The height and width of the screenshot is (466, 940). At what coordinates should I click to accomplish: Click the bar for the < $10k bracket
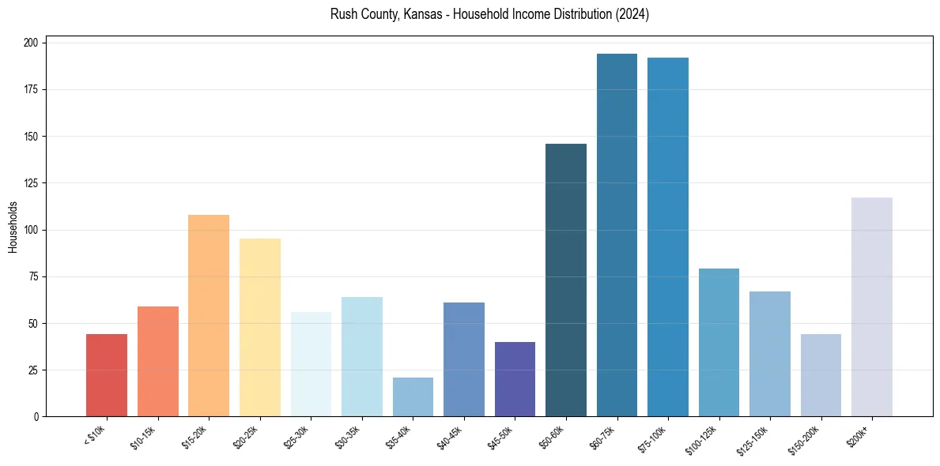[x=107, y=375]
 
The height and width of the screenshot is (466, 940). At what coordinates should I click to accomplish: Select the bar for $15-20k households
[x=209, y=316]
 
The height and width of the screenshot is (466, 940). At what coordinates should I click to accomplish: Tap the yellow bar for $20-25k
[x=260, y=328]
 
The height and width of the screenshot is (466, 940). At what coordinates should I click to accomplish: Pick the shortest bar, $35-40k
[x=413, y=397]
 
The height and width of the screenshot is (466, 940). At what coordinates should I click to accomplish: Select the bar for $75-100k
[x=668, y=237]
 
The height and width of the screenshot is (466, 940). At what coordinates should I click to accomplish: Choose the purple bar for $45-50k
[x=515, y=379]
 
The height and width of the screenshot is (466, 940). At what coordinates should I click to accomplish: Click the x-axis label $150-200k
[x=817, y=438]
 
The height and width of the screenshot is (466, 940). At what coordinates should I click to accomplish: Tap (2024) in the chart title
[x=632, y=14]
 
